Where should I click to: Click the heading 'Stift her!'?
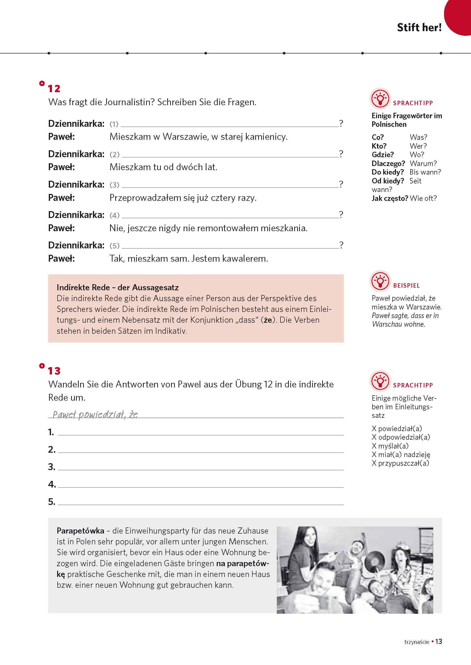419,27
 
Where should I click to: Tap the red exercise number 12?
54,89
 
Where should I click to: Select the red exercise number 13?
54,371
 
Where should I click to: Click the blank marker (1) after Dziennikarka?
114,124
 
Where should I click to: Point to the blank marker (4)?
114,215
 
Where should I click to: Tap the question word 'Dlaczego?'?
388,163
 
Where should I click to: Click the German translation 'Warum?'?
423,163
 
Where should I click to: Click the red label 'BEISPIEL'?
406,286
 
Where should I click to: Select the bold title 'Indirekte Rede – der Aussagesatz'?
117,287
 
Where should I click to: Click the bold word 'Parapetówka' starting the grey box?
80,531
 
